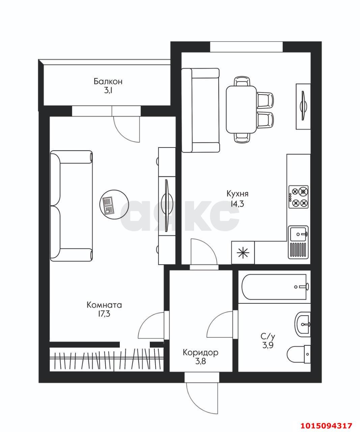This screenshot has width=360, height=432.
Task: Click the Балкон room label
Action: click(x=108, y=82)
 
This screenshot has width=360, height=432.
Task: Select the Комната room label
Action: click(x=104, y=305)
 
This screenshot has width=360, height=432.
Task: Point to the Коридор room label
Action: click(x=200, y=352)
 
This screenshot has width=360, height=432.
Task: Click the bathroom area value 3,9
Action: click(x=268, y=345)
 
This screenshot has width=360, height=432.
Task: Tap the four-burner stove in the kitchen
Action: click(x=299, y=197)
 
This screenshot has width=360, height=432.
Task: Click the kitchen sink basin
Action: click(x=298, y=234)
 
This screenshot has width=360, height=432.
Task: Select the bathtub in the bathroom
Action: click(x=274, y=287)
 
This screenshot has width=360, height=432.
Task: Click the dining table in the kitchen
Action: click(x=242, y=110)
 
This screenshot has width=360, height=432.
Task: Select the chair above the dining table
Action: click(x=243, y=81)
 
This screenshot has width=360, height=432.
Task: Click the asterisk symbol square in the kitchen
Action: click(x=243, y=253)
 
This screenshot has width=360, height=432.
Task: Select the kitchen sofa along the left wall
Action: click(x=200, y=110)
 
